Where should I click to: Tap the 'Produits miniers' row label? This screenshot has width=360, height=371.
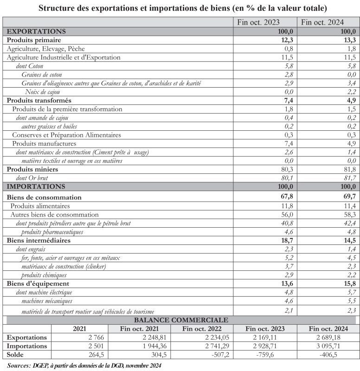click(32, 169)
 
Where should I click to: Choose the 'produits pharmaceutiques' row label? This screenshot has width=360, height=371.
click(52, 232)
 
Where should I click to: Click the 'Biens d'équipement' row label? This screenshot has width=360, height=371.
click(38, 283)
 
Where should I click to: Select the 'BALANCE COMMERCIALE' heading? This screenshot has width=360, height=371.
click(181, 320)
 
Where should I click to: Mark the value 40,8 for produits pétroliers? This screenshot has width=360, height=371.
click(285, 223)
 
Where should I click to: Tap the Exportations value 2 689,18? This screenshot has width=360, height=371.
click(341, 337)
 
